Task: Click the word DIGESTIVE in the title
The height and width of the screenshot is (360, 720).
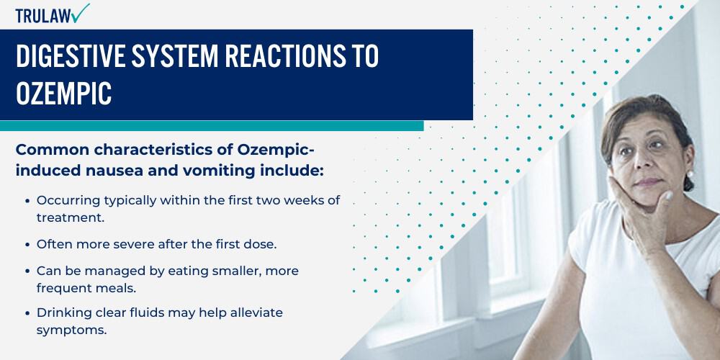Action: point(69,57)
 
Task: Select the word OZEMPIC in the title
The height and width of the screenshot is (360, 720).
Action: point(64,94)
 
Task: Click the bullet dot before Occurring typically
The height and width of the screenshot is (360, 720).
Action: point(27,201)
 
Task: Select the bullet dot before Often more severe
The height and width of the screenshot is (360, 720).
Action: point(27,245)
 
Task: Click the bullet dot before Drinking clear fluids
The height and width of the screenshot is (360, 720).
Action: point(27,313)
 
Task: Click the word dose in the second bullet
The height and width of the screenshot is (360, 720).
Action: point(259,244)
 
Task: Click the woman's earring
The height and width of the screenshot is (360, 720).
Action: point(689,174)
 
